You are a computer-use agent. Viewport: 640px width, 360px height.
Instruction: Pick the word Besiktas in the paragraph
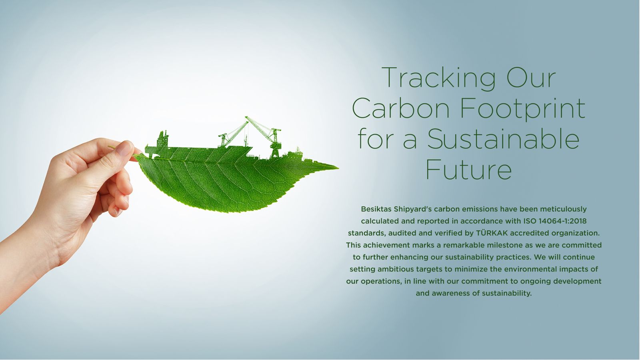(376, 209)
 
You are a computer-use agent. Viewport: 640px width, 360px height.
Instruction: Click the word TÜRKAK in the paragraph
(492, 233)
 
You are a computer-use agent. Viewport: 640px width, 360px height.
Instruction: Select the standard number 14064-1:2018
(562, 221)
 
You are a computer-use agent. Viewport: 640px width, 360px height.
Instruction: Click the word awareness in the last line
(450, 294)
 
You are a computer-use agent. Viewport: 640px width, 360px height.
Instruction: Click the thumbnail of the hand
(125, 149)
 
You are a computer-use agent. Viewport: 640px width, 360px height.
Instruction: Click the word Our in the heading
(531, 78)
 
